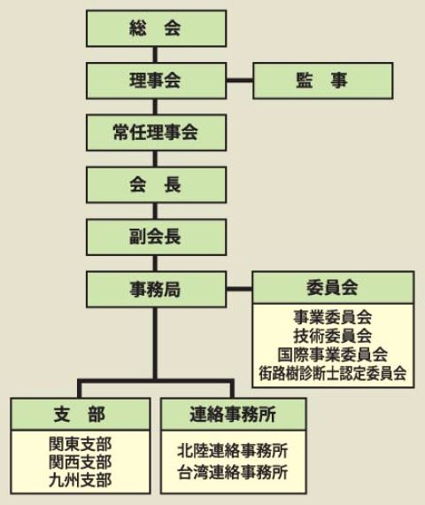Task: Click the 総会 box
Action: point(156,28)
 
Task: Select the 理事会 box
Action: point(156,81)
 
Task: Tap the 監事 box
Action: point(323,81)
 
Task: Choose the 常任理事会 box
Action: point(156,133)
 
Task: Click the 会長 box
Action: point(156,185)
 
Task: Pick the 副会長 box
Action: point(156,237)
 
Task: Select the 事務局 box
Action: point(156,289)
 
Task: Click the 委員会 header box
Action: point(333,287)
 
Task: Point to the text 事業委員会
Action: point(333,317)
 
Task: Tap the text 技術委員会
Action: point(333,336)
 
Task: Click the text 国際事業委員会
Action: point(333,354)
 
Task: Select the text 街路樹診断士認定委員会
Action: point(333,373)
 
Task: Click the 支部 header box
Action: point(81,414)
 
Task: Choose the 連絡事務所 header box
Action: point(233,414)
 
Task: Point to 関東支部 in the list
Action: point(81,444)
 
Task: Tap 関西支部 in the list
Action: point(81,462)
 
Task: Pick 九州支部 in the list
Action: point(81,480)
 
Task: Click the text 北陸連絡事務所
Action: point(233,451)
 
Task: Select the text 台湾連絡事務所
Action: point(233,472)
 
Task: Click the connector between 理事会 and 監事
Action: point(240,81)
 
